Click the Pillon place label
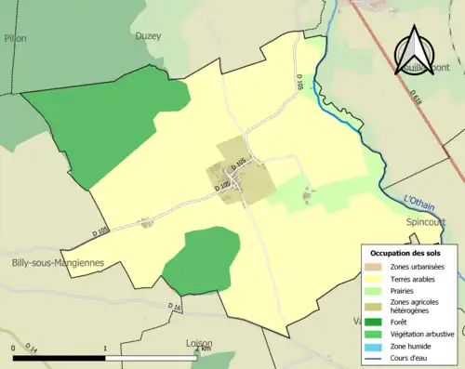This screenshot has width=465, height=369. point(16,38)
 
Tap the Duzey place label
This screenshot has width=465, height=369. point(148,36)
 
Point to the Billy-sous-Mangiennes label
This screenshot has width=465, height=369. point(58,262)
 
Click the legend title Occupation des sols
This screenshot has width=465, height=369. point(407,253)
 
